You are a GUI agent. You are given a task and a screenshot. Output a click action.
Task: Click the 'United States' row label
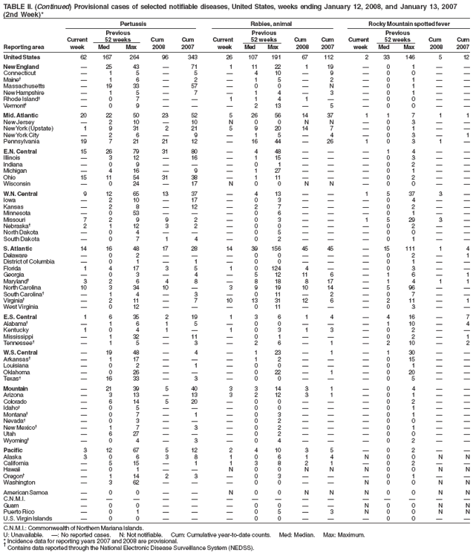point(22,56)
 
